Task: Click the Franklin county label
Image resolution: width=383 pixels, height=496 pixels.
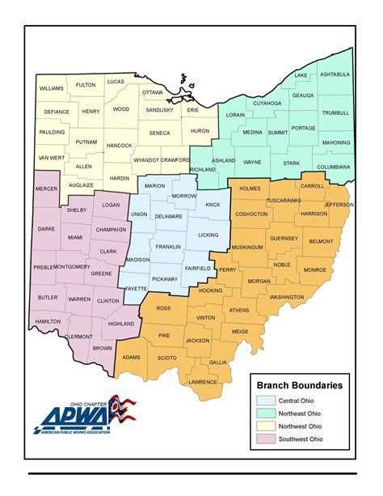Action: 169,246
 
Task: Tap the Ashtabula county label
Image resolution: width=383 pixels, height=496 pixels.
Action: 335,74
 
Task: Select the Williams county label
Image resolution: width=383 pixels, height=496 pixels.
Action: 51,88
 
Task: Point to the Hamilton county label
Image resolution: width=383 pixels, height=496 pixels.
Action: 48,321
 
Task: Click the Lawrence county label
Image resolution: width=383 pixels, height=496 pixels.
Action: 204,381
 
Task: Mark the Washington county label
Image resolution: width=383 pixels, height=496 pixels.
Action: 287,297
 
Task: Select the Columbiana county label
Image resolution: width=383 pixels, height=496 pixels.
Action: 333,167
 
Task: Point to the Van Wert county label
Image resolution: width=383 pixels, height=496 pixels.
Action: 51,157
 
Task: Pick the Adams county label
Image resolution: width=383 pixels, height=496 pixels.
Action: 132,356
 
